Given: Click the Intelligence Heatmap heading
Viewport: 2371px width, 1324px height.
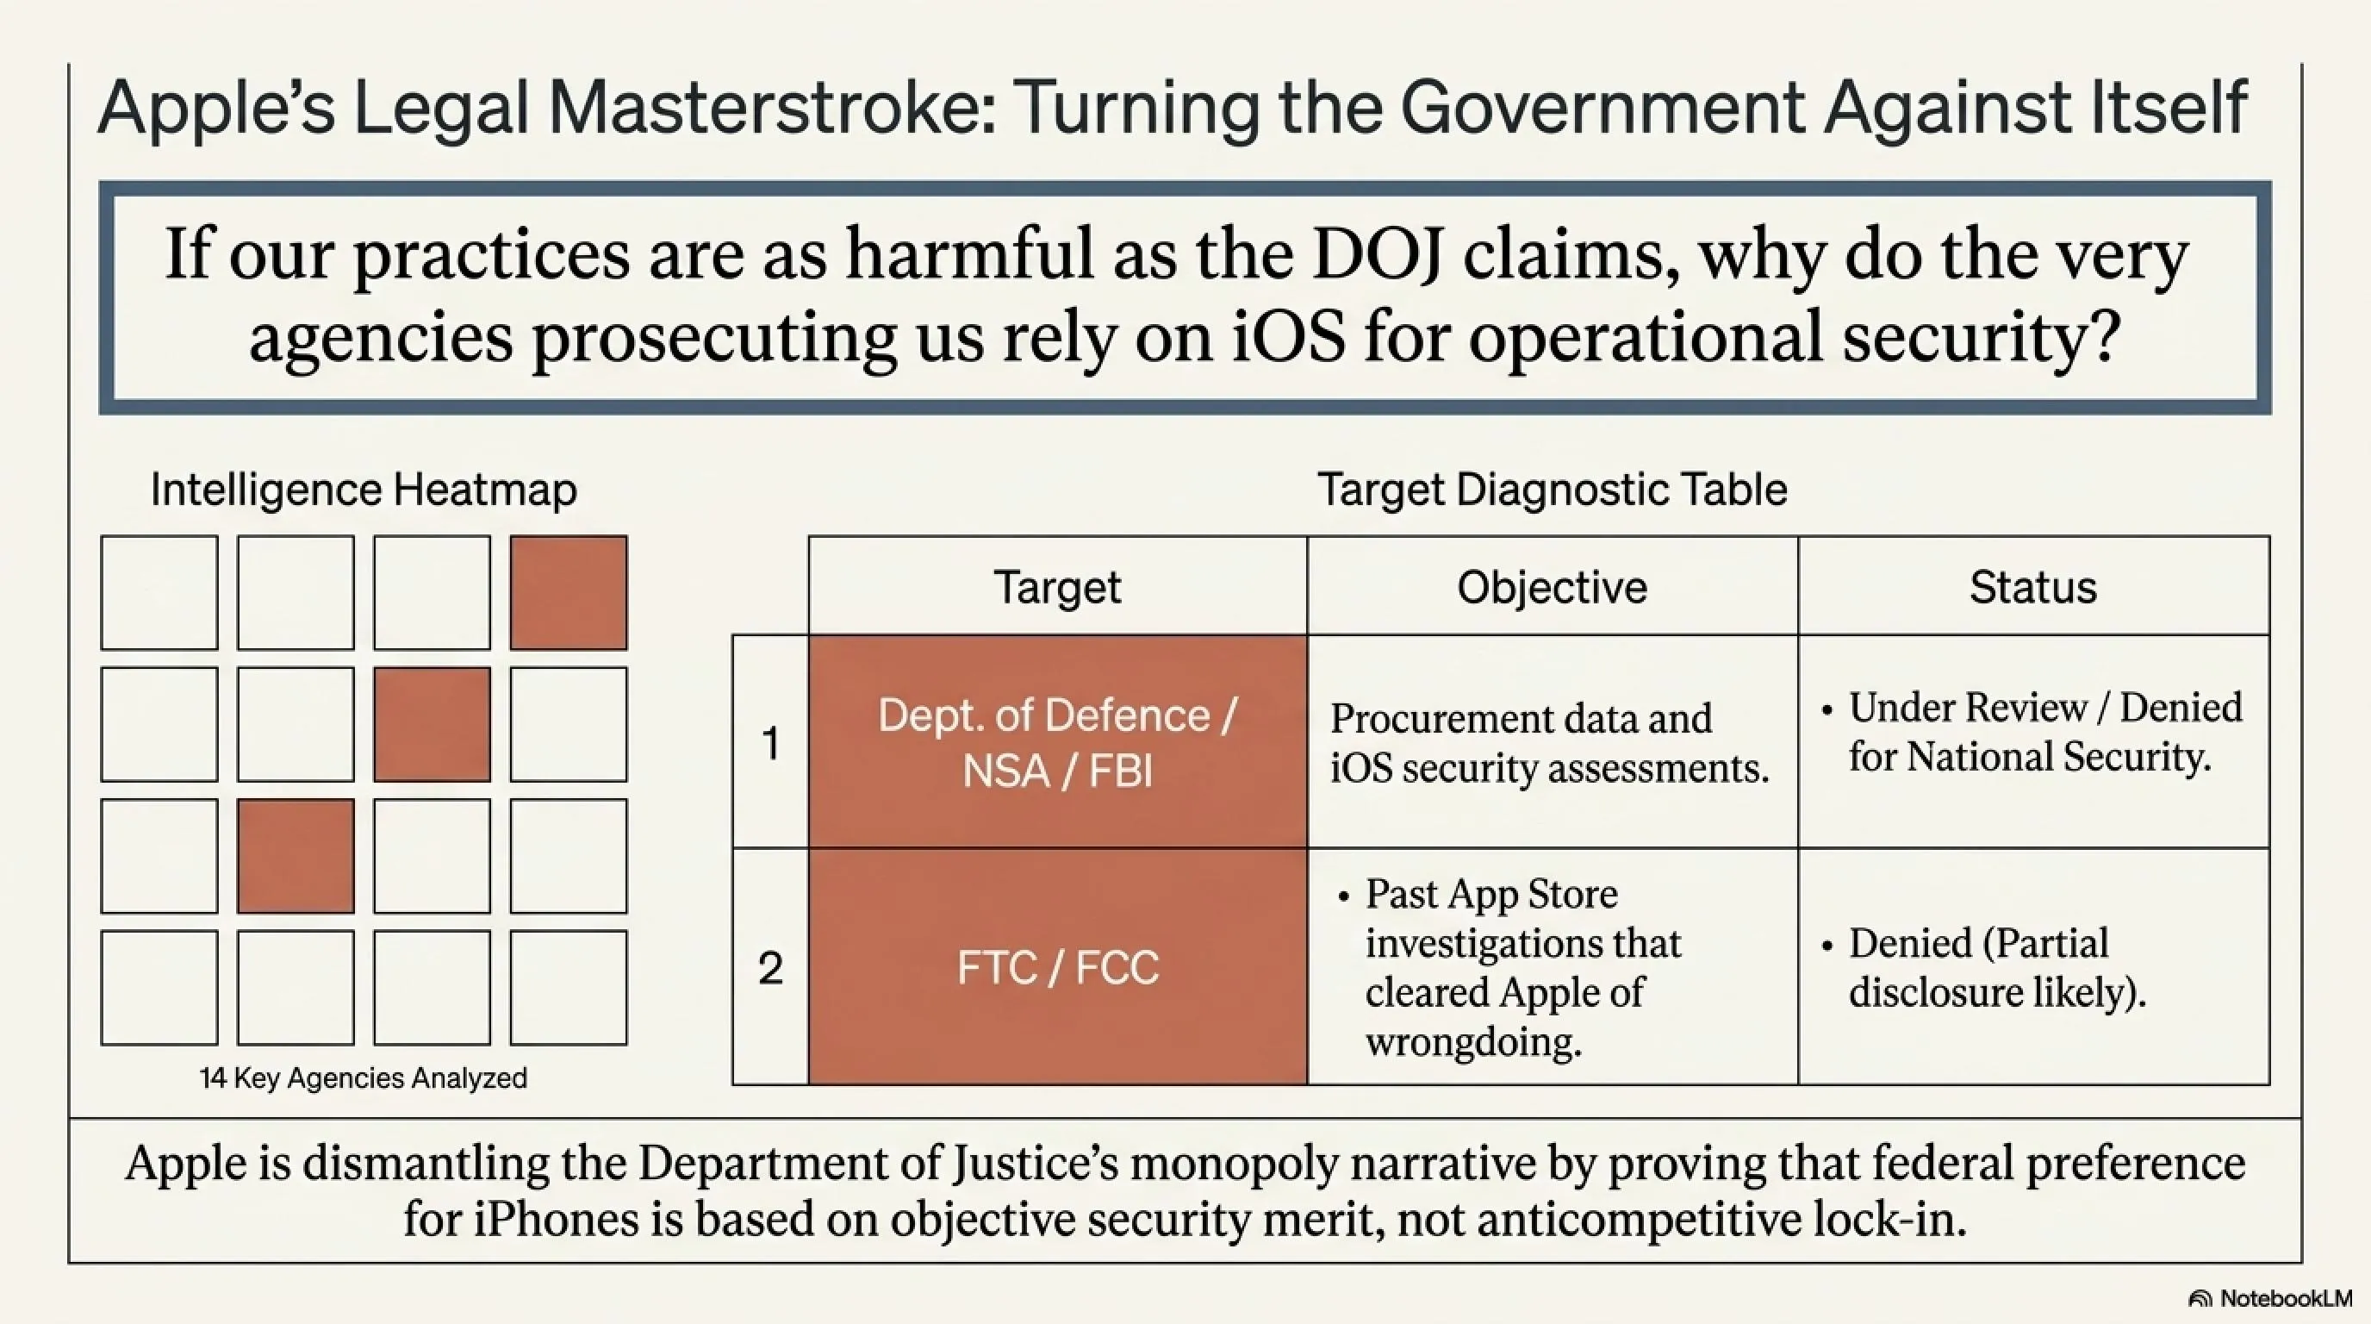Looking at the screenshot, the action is [364, 490].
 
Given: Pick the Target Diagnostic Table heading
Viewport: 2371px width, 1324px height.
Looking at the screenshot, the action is [1552, 489].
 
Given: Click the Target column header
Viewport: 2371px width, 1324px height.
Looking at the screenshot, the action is [1058, 586].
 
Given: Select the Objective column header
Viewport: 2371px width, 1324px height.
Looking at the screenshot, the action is [1552, 586].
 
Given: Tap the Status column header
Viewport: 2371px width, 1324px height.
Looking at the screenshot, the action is [2033, 586].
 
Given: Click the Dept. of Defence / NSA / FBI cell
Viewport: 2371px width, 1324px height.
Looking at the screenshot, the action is [1058, 742].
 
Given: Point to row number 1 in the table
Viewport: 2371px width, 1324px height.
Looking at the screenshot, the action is [770, 743].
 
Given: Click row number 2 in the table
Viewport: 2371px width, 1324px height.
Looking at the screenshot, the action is [770, 968].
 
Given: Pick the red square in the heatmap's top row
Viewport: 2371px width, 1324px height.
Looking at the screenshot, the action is [569, 593].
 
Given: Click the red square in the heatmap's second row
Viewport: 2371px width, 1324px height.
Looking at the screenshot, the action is [432, 725].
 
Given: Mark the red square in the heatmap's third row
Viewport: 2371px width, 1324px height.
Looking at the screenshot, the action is [296, 856].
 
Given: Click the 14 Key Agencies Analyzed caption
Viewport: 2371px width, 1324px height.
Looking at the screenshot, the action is [364, 1078].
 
